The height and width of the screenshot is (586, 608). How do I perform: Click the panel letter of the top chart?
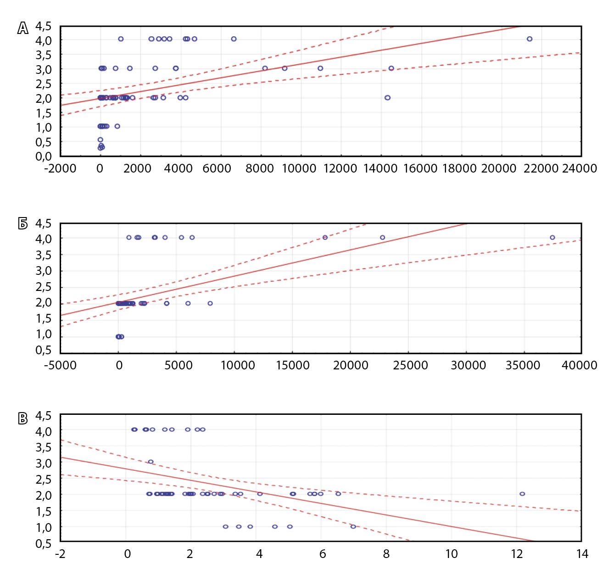click(23, 28)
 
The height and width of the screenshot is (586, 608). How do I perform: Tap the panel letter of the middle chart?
click(23, 223)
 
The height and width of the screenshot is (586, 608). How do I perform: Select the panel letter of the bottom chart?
click(23, 419)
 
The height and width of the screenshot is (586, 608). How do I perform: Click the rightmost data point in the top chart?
click(530, 39)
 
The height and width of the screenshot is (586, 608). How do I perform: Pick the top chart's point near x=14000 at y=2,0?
click(387, 98)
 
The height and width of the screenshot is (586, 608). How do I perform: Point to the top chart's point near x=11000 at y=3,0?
click(320, 68)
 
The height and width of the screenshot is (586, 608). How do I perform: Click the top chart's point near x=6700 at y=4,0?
click(234, 39)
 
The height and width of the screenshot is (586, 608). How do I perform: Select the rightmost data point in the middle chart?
click(552, 238)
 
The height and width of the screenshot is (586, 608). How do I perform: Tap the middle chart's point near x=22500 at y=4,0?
click(382, 238)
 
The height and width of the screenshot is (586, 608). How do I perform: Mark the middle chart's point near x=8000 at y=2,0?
click(210, 303)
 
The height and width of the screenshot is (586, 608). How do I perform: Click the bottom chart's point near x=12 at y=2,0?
click(522, 494)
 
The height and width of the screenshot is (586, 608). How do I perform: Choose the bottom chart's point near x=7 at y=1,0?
click(353, 526)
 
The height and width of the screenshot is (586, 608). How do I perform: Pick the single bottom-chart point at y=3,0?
click(151, 462)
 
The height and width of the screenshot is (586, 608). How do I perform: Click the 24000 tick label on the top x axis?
click(580, 168)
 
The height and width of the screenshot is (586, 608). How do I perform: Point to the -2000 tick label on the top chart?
click(60, 168)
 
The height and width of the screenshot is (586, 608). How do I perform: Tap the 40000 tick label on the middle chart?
click(580, 365)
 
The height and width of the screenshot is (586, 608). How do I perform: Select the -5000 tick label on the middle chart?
click(60, 365)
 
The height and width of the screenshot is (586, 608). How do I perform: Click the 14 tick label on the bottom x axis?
click(582, 554)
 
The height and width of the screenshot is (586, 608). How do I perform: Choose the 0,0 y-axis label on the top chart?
click(44, 156)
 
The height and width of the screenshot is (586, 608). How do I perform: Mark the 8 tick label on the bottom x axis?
click(386, 554)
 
